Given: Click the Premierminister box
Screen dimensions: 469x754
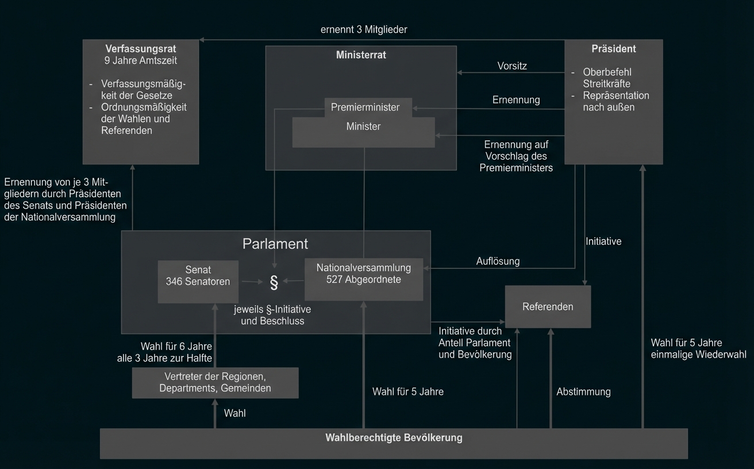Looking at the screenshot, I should (x=366, y=107).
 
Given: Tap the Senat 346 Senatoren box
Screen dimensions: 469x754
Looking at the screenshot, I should (x=198, y=276).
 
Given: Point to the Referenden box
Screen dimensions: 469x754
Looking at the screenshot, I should (x=548, y=307).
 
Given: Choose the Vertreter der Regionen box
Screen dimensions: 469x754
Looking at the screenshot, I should (x=215, y=383).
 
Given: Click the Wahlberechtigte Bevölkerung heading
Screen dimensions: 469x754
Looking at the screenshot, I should (x=394, y=438).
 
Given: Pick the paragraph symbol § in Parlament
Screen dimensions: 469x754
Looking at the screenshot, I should (x=274, y=282).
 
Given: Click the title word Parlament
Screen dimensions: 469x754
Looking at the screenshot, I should (x=275, y=244).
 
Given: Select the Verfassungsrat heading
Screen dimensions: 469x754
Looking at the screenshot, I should (x=141, y=48).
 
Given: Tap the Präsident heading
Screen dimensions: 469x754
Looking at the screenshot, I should (x=614, y=49).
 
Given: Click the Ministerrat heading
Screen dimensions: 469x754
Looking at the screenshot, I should (x=361, y=55).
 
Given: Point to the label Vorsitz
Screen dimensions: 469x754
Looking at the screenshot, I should (x=512, y=66).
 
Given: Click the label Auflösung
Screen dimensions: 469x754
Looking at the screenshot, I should (x=498, y=262).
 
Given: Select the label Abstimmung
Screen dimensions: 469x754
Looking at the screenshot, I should (x=583, y=392).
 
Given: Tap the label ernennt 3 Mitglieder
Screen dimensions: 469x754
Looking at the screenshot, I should (x=364, y=29).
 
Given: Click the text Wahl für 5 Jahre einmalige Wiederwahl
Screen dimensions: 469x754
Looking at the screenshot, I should (x=698, y=349).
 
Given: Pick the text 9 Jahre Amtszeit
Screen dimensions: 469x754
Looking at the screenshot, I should (x=141, y=60).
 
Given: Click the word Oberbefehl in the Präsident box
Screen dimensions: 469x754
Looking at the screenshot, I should (x=607, y=72).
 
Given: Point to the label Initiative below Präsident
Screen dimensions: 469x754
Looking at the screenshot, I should (x=603, y=242).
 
